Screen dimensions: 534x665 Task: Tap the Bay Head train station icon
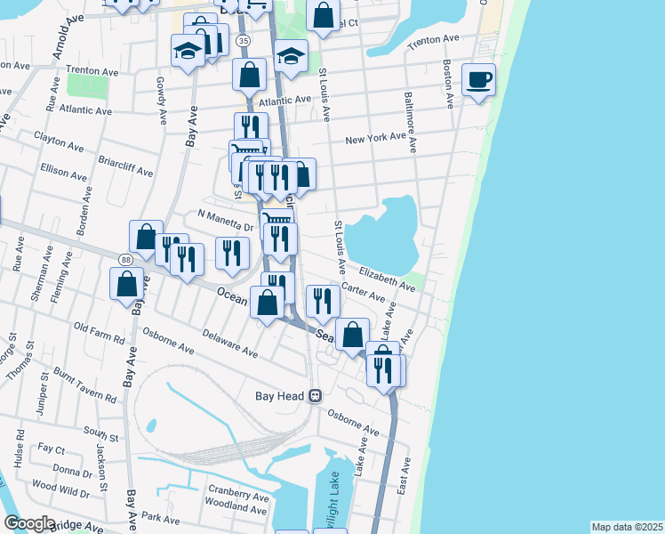315,396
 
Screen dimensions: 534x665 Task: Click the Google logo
29,523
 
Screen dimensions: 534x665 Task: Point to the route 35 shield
243,41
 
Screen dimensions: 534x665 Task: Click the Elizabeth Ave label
387,277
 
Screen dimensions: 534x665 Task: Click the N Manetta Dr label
226,219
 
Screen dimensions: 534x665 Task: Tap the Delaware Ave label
230,344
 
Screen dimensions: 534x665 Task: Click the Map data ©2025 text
627,527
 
